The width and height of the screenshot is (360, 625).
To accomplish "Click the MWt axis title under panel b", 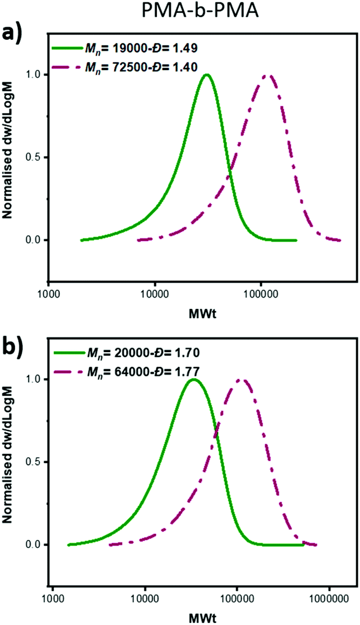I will point(203,615).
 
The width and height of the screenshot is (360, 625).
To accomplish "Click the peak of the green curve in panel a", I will point(206,75).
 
